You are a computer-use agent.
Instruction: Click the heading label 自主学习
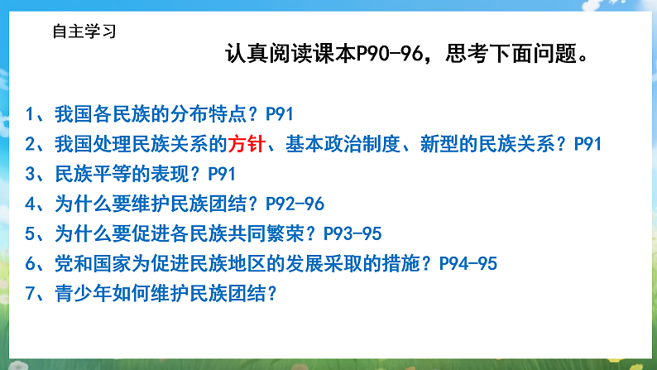(84, 32)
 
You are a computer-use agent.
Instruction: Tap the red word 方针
(246, 144)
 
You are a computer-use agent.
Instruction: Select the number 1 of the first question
(30, 114)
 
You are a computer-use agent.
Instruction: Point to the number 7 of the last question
(30, 292)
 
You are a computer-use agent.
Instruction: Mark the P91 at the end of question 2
(586, 144)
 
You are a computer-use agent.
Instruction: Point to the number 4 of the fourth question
(30, 204)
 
